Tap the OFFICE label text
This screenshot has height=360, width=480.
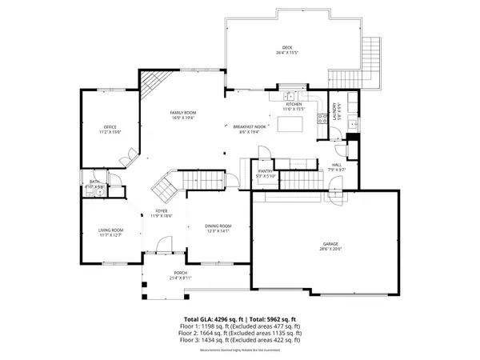[x=110, y=127]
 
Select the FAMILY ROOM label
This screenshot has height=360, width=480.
[x=183, y=113]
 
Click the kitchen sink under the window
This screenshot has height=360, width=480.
[x=291, y=96]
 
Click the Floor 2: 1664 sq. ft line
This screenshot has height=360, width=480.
[x=240, y=332]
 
